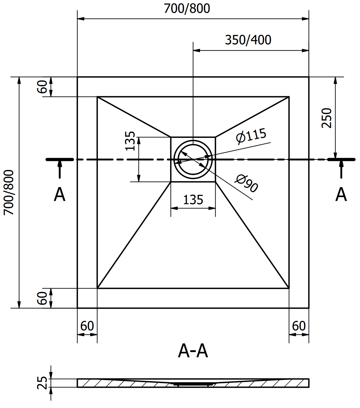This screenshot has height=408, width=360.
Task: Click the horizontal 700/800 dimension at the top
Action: pyautogui.click(x=187, y=9)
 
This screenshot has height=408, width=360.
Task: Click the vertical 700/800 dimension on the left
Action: pyautogui.click(x=9, y=193)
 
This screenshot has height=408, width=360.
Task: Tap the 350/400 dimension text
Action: pyautogui.click(x=248, y=40)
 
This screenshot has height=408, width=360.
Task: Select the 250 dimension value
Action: pyautogui.click(x=327, y=118)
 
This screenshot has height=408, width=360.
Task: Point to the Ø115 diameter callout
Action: pyautogui.click(x=251, y=136)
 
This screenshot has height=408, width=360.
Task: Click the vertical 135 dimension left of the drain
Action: pyautogui.click(x=130, y=141)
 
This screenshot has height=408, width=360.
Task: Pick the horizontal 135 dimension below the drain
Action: pyautogui.click(x=193, y=200)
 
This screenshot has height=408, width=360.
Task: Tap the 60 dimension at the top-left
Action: pyautogui.click(x=42, y=87)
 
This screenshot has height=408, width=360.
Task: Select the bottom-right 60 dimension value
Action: pyautogui.click(x=299, y=326)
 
